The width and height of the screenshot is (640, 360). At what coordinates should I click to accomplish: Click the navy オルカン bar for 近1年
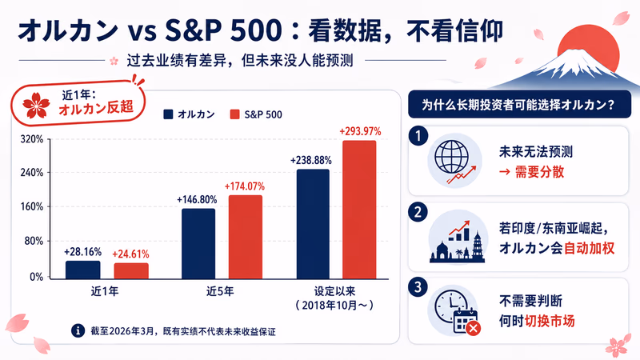point(83,270)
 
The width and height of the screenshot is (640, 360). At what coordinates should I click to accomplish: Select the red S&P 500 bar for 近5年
point(246,237)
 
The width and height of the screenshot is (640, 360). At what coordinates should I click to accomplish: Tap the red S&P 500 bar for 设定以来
point(359,210)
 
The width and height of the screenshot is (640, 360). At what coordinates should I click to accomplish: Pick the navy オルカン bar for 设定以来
point(313,224)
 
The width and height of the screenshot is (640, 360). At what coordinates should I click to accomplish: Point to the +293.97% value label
point(360,131)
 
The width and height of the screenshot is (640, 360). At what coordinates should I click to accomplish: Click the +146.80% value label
point(197,199)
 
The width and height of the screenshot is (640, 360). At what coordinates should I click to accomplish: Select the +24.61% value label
point(130,254)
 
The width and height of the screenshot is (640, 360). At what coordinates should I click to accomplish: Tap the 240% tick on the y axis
point(32,173)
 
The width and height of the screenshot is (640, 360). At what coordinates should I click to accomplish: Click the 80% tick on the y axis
point(34,242)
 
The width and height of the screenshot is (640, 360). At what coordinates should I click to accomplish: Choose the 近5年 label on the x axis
point(220,291)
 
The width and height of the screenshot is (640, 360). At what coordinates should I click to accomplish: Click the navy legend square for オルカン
point(168,114)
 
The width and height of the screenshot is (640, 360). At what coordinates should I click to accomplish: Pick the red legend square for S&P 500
point(234,114)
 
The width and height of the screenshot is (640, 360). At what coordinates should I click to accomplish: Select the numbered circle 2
point(418,212)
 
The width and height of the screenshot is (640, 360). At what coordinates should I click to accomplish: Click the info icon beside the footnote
point(78,330)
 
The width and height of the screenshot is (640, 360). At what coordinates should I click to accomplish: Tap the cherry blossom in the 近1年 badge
point(36,105)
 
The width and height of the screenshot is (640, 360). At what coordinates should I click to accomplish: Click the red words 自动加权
point(589,248)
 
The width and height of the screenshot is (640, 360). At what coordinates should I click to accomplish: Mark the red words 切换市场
point(550,322)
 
